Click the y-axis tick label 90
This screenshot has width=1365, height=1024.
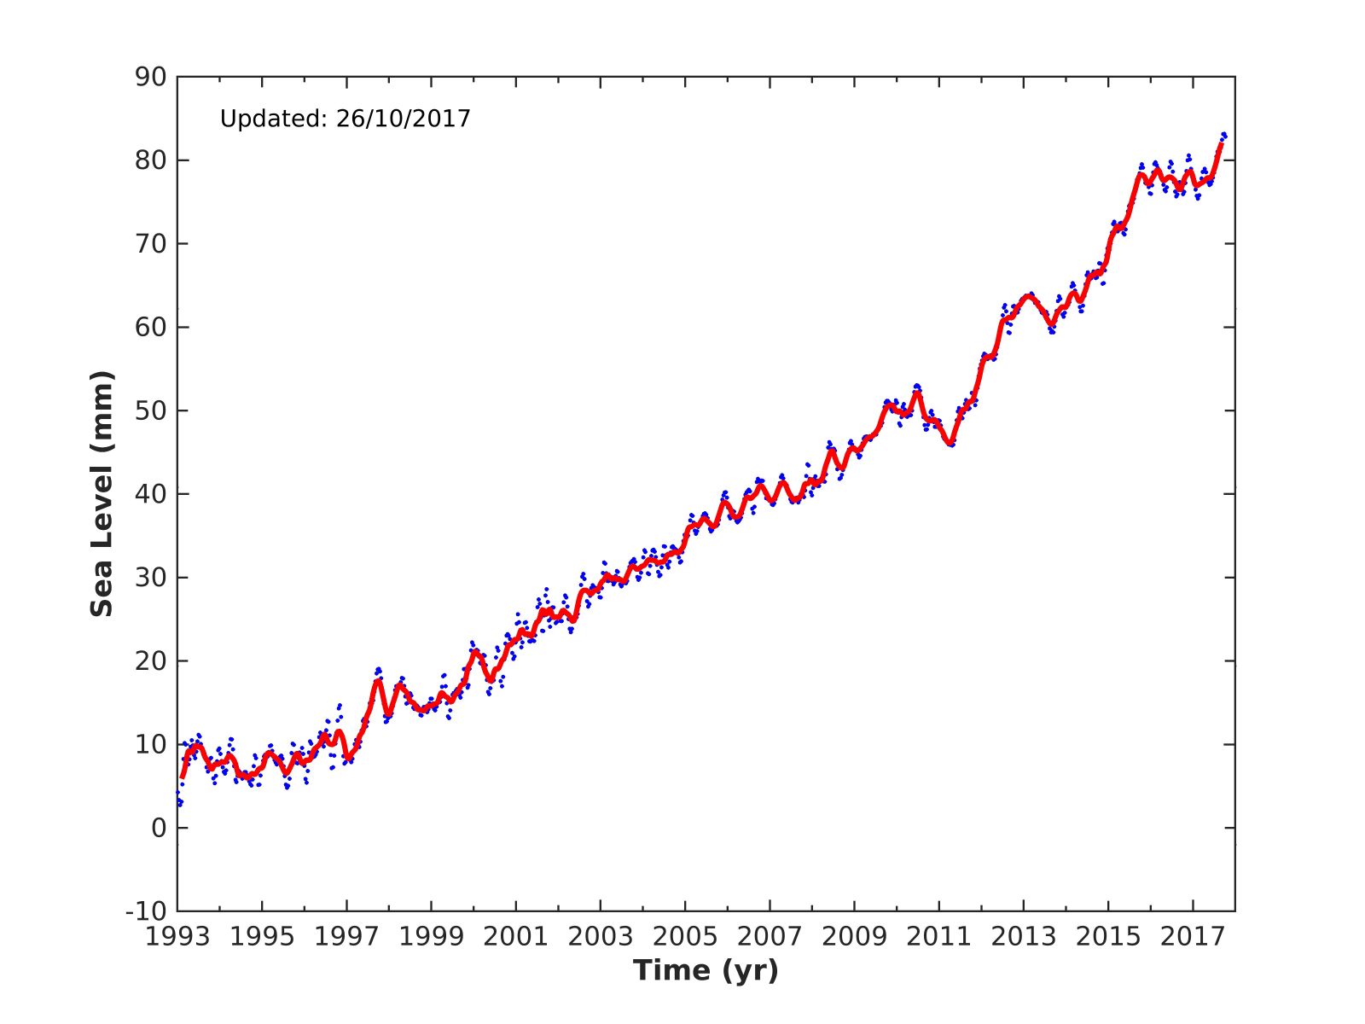[x=150, y=78]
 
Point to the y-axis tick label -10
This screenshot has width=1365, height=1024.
[x=145, y=911]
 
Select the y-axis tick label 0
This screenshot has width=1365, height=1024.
[x=157, y=828]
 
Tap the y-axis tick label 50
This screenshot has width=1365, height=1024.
[x=150, y=410]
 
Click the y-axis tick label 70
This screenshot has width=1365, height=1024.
[x=150, y=244]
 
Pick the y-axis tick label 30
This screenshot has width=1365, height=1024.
[x=150, y=578]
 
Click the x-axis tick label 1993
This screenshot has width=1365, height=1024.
[x=177, y=937]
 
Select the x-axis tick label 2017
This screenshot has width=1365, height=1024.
[x=1193, y=937]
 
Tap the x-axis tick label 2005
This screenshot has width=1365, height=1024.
[x=685, y=937]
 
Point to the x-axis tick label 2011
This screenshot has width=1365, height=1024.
[x=938, y=937]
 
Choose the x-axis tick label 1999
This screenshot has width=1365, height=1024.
[x=431, y=937]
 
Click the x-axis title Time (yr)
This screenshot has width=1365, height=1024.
[x=706, y=970]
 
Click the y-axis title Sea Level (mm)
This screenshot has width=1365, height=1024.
[x=102, y=494]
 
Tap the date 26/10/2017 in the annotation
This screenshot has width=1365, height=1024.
[x=403, y=119]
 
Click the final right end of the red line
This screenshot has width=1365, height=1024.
[x=1221, y=144]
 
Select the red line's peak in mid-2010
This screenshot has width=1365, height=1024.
[x=917, y=392]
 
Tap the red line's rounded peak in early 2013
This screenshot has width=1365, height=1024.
[x=1028, y=296]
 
